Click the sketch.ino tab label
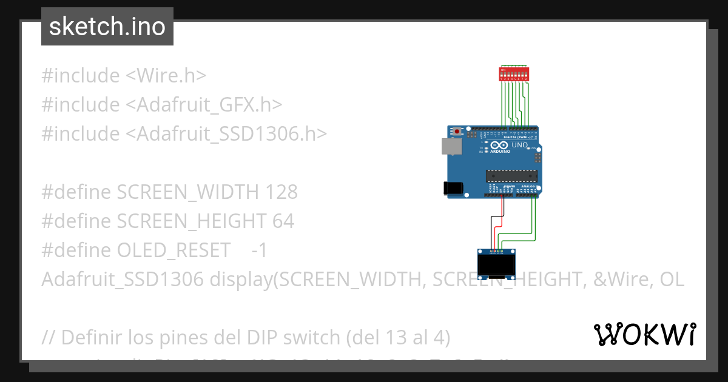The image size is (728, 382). (107, 27)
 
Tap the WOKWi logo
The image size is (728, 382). (644, 334)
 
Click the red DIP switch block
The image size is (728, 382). (514, 75)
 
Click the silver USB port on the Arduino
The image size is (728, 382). (451, 146)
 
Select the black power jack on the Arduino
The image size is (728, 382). (453, 188)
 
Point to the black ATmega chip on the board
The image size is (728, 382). (511, 176)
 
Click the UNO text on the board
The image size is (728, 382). (521, 146)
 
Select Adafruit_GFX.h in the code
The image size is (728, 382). (204, 105)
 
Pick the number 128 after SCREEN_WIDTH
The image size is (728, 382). (281, 192)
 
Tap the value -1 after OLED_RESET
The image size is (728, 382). (259, 250)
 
